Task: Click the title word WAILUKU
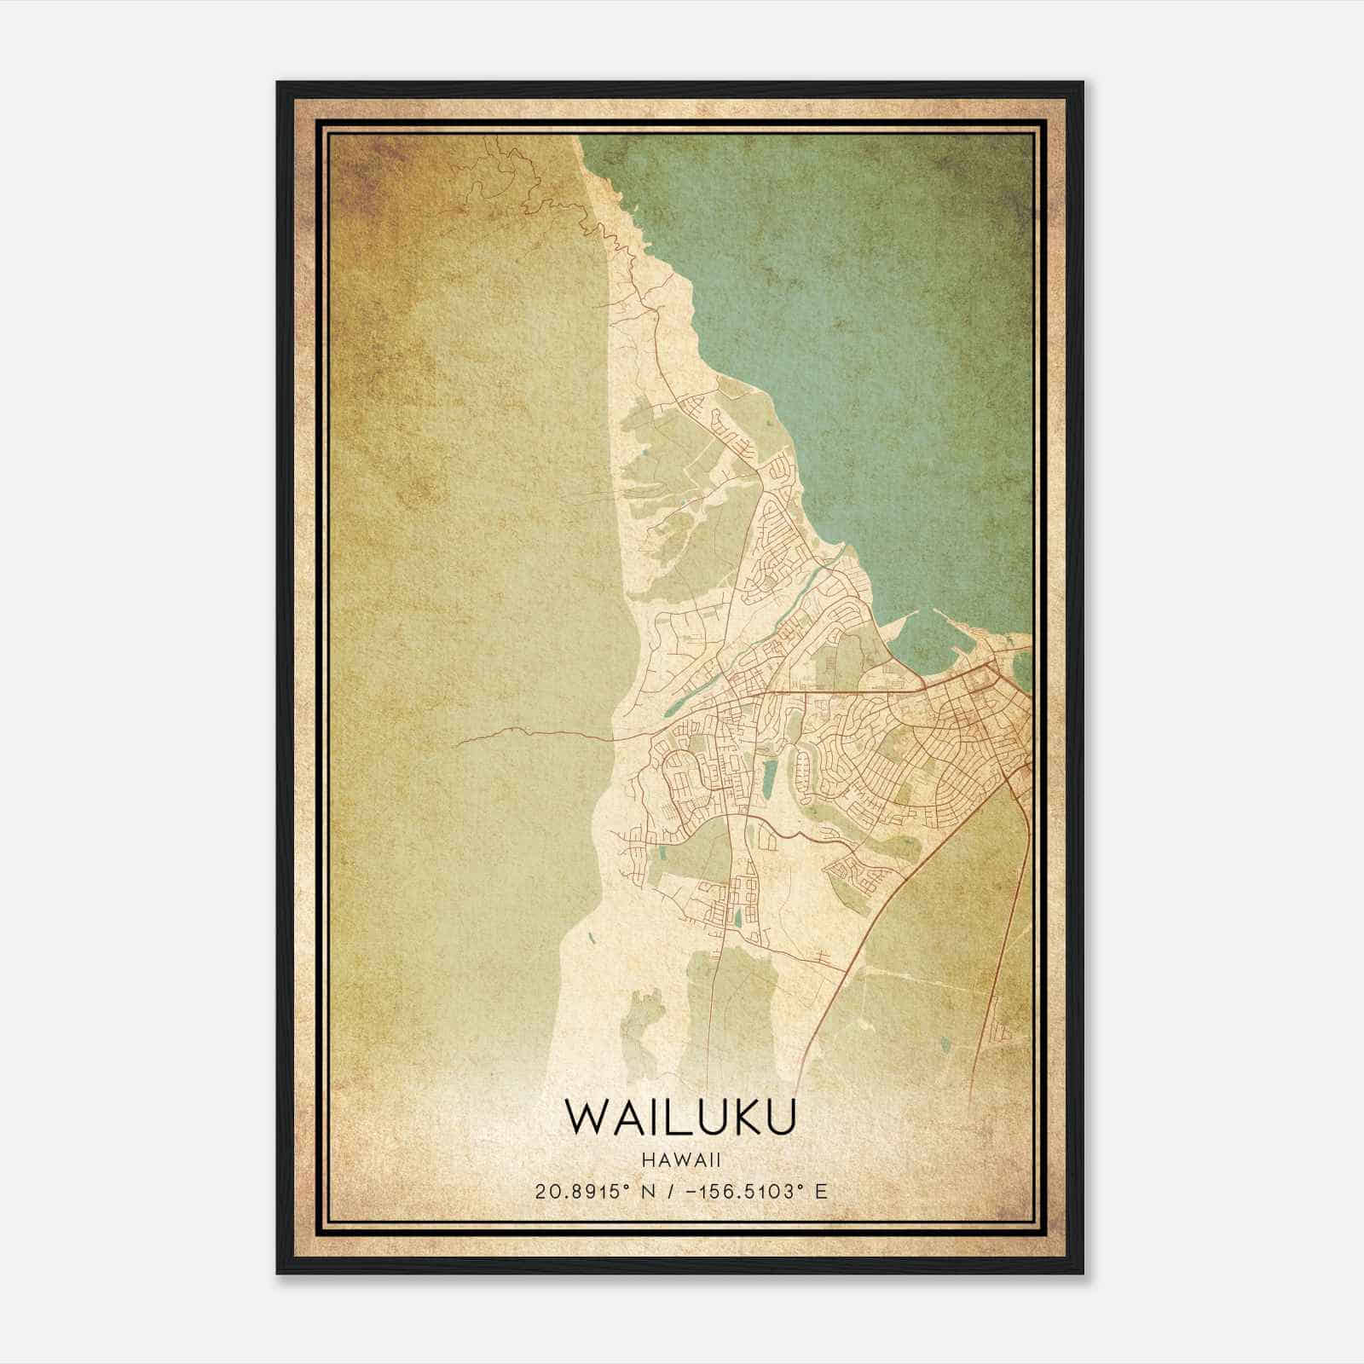681,1117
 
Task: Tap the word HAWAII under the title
681,1160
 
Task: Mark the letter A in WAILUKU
622,1117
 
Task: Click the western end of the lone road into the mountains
456,743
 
